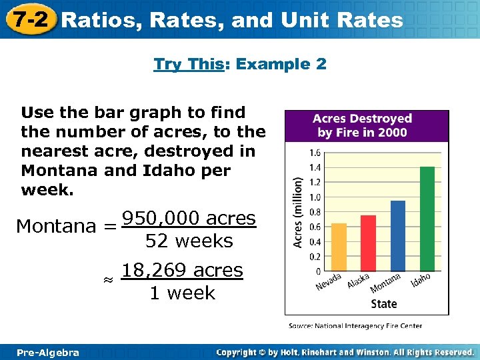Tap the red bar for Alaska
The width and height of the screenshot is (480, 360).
point(368,243)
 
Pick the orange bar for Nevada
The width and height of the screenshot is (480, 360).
point(339,247)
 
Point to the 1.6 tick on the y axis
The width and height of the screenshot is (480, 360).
point(315,153)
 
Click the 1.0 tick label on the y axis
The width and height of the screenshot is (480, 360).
point(315,197)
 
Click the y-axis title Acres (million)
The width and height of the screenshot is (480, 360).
point(299,212)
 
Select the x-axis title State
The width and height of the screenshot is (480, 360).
point(383,303)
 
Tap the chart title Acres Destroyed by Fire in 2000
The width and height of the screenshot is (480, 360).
point(366,125)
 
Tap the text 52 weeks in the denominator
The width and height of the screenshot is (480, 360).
point(189,241)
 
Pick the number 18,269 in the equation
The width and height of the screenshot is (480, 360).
point(153,271)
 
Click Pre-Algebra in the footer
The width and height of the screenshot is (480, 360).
point(47,352)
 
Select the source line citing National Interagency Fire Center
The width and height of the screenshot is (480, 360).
point(355,326)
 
